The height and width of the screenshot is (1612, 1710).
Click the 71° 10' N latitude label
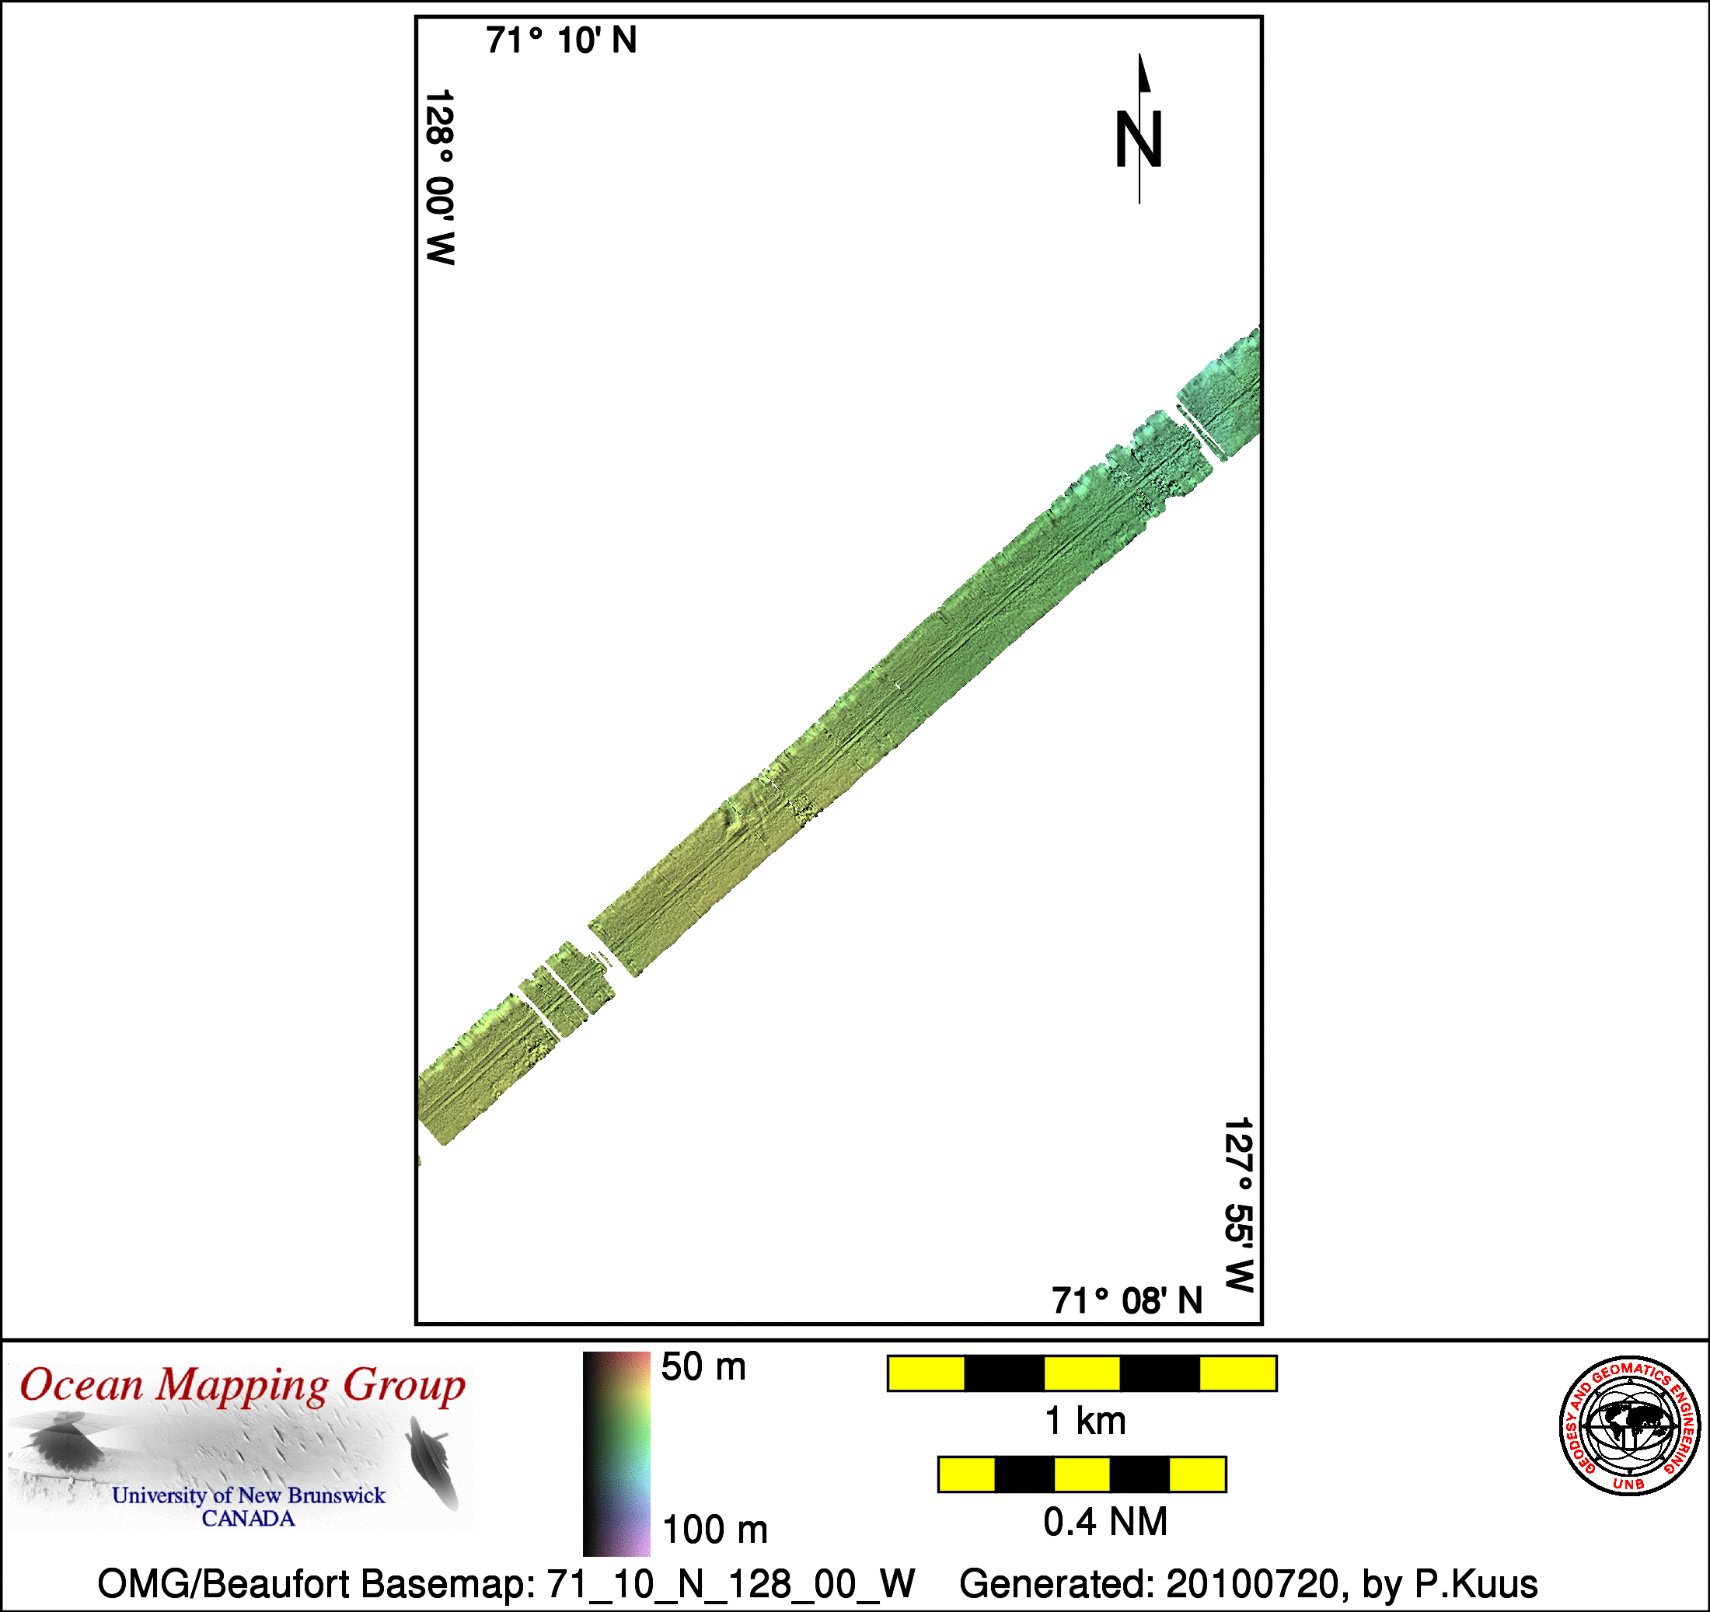[x=561, y=40]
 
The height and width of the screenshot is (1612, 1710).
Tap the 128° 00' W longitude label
[x=439, y=177]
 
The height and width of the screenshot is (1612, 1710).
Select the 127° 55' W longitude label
[x=1239, y=1204]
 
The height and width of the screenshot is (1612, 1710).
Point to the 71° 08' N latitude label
[x=1127, y=1300]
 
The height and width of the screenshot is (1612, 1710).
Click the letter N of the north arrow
[x=1139, y=139]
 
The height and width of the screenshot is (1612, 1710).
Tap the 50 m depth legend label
[x=703, y=1367]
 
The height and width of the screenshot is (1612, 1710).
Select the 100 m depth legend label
[x=715, y=1530]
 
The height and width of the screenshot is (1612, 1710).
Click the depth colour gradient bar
[x=616, y=1453]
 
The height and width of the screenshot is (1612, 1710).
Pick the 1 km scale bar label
[x=1084, y=1421]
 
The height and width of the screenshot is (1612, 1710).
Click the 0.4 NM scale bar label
[x=1105, y=1522]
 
